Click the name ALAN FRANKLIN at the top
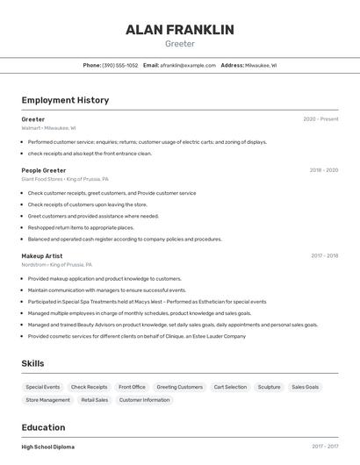tap(180, 30)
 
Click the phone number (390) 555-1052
tap(120, 65)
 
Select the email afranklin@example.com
tap(189, 65)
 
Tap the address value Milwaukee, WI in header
tap(261, 65)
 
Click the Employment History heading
tap(65, 100)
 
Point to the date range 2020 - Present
tap(320, 119)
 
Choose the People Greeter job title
tap(44, 170)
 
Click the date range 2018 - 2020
tap(323, 170)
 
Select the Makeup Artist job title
tap(42, 256)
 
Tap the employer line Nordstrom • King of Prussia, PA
tap(57, 264)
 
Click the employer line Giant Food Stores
tap(57, 179)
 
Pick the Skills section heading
tap(32, 363)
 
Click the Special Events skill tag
tap(43, 387)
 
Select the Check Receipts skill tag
tap(89, 387)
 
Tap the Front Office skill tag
tap(132, 387)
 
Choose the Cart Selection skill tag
tap(230, 387)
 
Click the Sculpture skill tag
tap(269, 387)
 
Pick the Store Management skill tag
tap(47, 400)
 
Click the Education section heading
tap(43, 427)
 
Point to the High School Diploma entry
tap(48, 447)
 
